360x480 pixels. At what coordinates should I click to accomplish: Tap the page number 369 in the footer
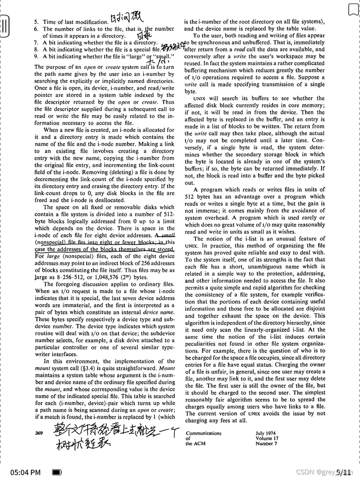tap(39, 433)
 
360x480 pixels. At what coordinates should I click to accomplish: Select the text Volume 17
tap(267, 439)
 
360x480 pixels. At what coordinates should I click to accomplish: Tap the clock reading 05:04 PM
tap(25, 472)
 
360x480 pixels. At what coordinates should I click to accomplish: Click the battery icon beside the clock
tap(57, 472)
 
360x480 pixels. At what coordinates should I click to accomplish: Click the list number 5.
tap(36, 22)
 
